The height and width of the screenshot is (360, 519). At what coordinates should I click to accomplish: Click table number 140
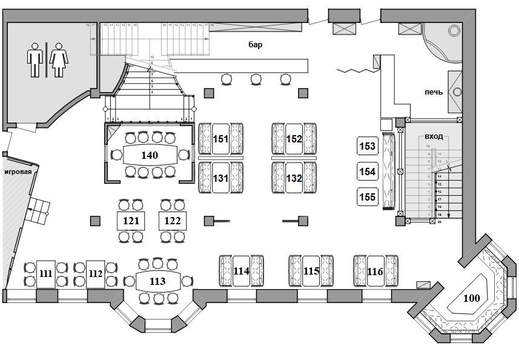click(150, 155)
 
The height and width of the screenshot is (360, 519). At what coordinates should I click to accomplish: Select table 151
click(221, 139)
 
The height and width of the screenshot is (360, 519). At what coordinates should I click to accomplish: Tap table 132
click(294, 178)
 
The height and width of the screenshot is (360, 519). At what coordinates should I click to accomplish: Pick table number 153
click(368, 146)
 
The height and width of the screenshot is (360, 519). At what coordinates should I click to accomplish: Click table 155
click(368, 197)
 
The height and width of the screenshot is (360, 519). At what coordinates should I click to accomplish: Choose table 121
click(131, 221)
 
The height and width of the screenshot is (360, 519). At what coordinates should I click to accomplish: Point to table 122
click(173, 221)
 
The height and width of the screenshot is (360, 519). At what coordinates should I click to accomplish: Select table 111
click(45, 274)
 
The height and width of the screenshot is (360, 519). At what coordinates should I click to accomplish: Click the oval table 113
click(157, 281)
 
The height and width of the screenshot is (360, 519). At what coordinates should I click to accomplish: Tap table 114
click(242, 272)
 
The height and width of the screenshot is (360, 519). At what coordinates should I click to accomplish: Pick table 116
click(375, 272)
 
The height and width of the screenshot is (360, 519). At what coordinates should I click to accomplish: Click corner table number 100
click(471, 298)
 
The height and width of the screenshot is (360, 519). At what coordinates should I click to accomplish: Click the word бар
click(255, 44)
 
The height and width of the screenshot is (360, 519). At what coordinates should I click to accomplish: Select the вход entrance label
click(434, 137)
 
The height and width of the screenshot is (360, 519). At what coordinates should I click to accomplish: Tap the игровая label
click(18, 172)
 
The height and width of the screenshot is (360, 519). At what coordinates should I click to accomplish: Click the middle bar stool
click(256, 78)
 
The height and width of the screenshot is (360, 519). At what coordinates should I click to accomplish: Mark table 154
click(368, 172)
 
